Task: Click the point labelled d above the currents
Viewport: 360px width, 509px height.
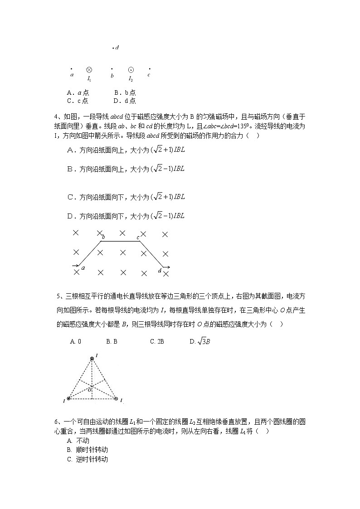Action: (113, 48)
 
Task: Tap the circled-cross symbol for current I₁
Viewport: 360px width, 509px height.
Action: (89, 70)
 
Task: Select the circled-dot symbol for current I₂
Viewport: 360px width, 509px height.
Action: (131, 70)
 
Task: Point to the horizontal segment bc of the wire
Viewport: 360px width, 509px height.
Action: (120, 241)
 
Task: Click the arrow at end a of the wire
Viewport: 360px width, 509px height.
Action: (75, 265)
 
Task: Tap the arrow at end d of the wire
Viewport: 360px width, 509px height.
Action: (166, 267)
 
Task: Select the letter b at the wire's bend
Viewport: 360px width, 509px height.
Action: (103, 237)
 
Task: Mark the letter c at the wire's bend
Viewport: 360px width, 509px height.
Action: (138, 237)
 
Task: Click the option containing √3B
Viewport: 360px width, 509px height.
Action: (200, 341)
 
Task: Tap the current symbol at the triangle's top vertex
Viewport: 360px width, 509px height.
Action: (92, 359)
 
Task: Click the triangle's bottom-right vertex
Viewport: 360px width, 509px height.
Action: (116, 399)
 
